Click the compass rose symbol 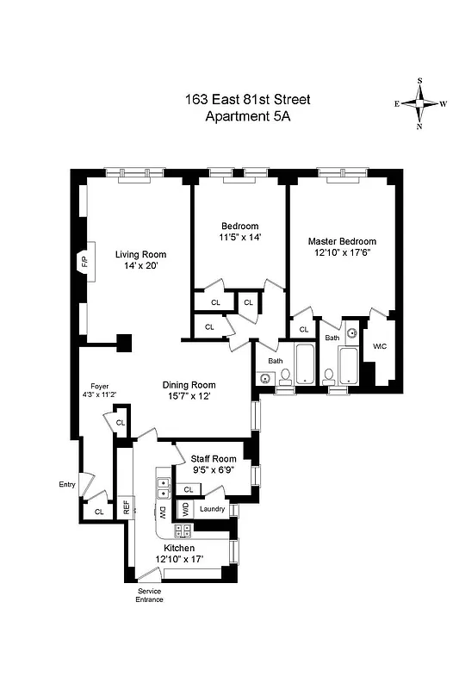pyautogui.click(x=420, y=102)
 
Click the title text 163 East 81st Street pyautogui.click(x=248, y=100)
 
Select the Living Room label pyautogui.click(x=141, y=254)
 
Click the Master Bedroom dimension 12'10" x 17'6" pyautogui.click(x=342, y=253)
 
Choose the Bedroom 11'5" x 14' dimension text pyautogui.click(x=239, y=239)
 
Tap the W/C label pyautogui.click(x=380, y=346)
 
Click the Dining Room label pyautogui.click(x=190, y=384)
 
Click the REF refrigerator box pyautogui.click(x=126, y=507)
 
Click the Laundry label pyautogui.click(x=212, y=509)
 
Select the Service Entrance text pyautogui.click(x=150, y=594)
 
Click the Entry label pyautogui.click(x=67, y=484)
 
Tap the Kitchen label pyautogui.click(x=175, y=548)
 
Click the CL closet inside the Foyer pyautogui.click(x=120, y=423)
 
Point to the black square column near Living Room pyautogui.click(x=124, y=342)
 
